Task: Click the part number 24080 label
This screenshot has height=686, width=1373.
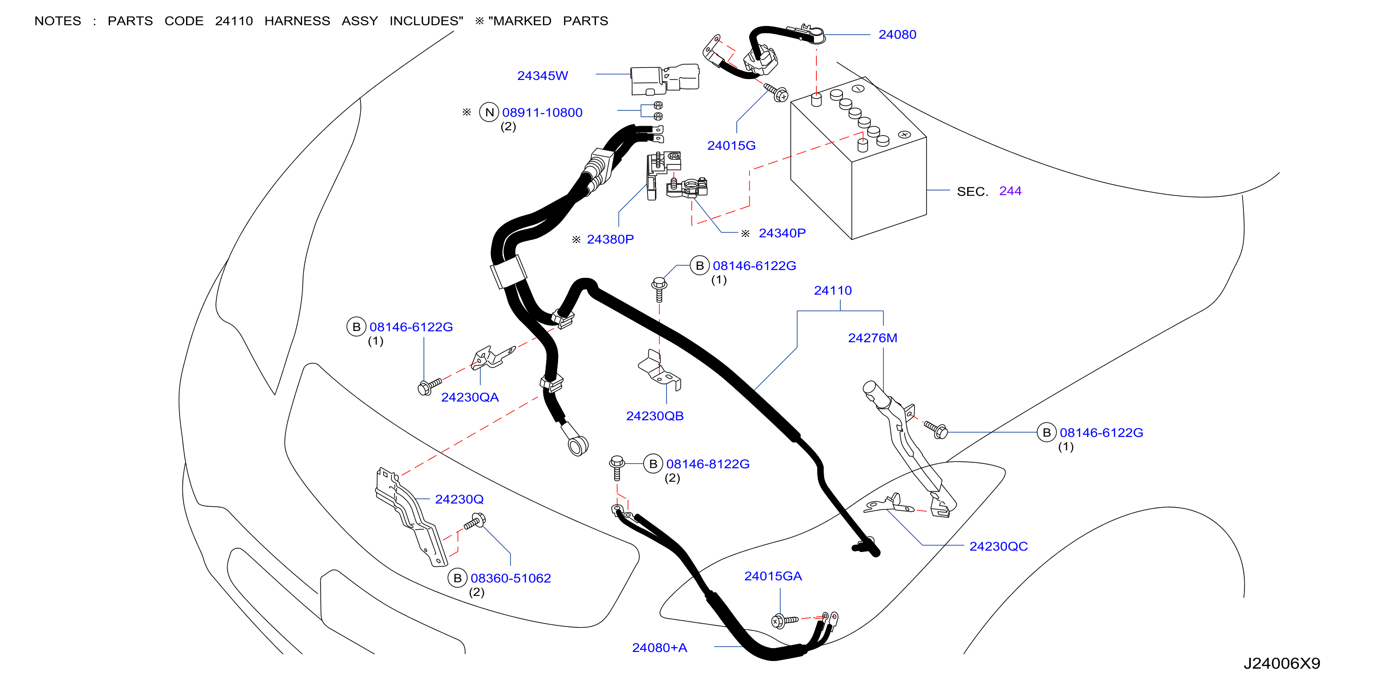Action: pos(897,35)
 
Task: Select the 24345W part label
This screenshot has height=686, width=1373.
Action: pos(543,76)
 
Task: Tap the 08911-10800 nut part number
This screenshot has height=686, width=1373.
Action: pos(542,112)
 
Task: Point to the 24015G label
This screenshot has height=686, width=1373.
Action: pos(731,146)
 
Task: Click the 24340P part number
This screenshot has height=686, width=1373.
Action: pos(782,233)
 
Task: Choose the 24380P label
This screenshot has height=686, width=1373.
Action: pos(610,239)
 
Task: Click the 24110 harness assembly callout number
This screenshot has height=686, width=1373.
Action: pos(832,290)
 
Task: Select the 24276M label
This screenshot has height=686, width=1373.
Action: pos(872,337)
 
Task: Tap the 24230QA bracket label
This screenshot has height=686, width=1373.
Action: pos(470,398)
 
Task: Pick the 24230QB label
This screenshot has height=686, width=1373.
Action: pos(654,416)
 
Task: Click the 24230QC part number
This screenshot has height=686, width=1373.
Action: pos(998,546)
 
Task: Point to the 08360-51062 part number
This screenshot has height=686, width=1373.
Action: pos(510,578)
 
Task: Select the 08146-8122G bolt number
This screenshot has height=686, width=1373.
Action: pos(708,464)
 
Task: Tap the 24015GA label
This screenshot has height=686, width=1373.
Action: pos(773,576)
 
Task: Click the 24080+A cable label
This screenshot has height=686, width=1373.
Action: pos(659,648)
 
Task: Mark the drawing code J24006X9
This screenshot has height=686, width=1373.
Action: pos(1282,663)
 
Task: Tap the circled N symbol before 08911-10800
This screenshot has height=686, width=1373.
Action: pos(489,112)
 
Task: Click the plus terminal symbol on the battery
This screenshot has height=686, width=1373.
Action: pos(904,134)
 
